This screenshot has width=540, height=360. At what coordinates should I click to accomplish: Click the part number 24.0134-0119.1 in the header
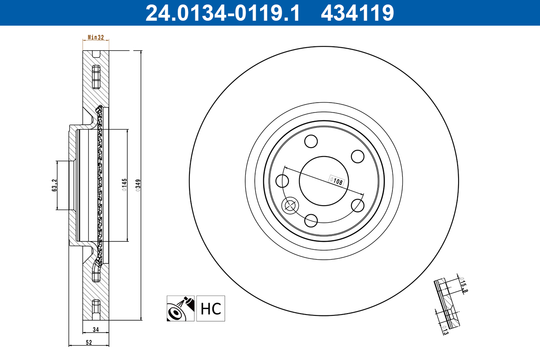pyautogui.click(x=222, y=13)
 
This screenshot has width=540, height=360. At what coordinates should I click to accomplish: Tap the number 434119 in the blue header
pyautogui.click(x=357, y=13)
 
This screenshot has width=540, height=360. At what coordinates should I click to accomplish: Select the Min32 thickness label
pyautogui.click(x=96, y=38)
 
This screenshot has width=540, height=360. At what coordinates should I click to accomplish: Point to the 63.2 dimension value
pyautogui.click(x=54, y=185)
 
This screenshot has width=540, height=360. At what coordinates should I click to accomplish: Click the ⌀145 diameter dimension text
pyautogui.click(x=124, y=185)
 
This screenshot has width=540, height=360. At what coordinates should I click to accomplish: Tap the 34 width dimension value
pyautogui.click(x=95, y=329)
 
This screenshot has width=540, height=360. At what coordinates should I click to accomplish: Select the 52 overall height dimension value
pyautogui.click(x=89, y=342)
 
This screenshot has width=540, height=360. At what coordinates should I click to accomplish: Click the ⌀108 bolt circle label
pyautogui.click(x=337, y=181)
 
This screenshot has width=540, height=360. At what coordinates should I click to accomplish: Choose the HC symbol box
pyautogui.click(x=211, y=309)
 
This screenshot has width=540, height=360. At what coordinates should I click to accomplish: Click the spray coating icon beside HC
pyautogui.click(x=180, y=309)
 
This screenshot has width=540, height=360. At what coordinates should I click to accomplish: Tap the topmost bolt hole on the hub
pyautogui.click(x=311, y=142)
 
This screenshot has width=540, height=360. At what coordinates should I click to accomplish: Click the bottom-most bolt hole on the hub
pyautogui.click(x=311, y=220)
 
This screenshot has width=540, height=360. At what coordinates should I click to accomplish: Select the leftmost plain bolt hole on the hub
pyautogui.click(x=282, y=181)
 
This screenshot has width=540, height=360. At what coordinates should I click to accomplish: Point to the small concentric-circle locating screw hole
pyautogui.click(x=289, y=206)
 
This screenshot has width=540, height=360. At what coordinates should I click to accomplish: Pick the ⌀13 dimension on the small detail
pyautogui.click(x=445, y=330)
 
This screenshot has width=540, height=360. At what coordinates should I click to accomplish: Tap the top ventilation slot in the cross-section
pyautogui.click(x=95, y=77)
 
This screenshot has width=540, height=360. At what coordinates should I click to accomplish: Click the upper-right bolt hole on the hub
pyautogui.click(x=357, y=157)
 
